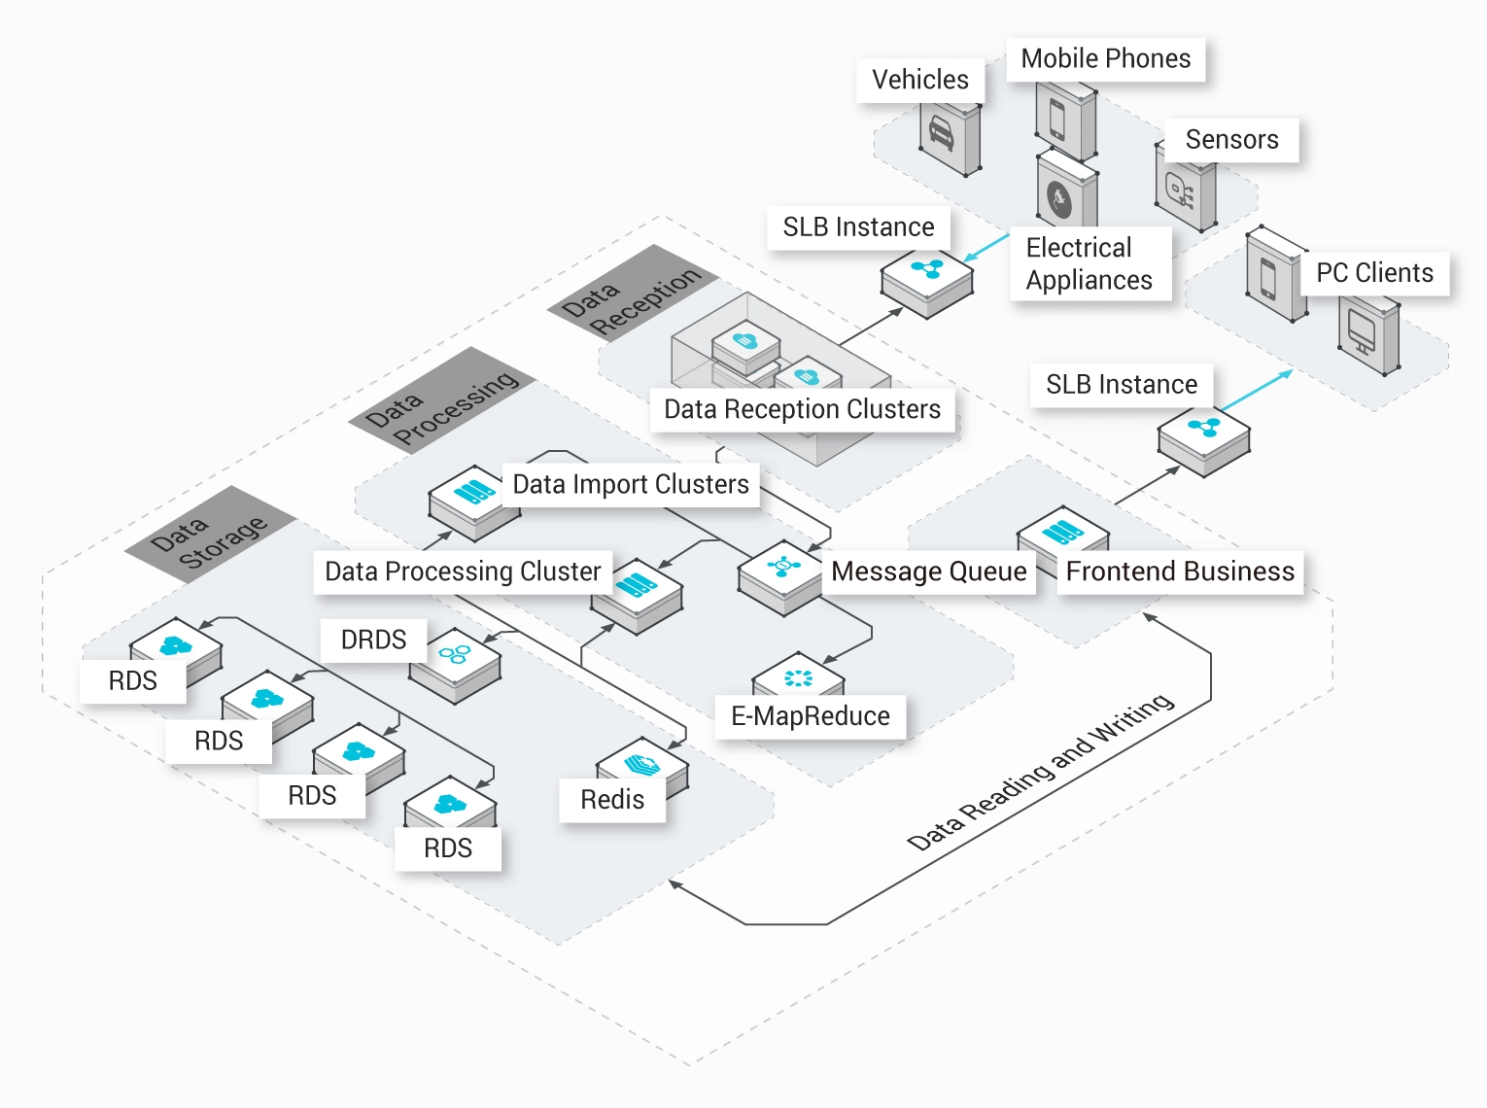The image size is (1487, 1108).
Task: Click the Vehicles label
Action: [919, 80]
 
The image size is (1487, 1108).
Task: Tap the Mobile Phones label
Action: [1105, 59]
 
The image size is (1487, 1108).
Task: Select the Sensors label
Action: [1231, 140]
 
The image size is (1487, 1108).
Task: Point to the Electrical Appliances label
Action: [1089, 263]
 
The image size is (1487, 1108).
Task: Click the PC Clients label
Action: [1374, 273]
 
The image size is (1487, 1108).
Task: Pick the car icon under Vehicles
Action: [941, 133]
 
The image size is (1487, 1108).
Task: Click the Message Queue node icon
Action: [782, 567]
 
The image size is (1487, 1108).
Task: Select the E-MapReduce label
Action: [810, 716]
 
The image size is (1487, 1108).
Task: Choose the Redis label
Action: [612, 800]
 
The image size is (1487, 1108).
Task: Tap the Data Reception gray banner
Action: [632, 294]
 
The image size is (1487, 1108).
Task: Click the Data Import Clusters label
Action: [630, 484]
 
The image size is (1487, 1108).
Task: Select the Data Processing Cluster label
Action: [463, 571]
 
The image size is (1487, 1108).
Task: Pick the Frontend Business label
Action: [1180, 571]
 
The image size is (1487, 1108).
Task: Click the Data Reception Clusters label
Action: [802, 409]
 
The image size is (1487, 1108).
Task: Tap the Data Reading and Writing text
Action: [1040, 772]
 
